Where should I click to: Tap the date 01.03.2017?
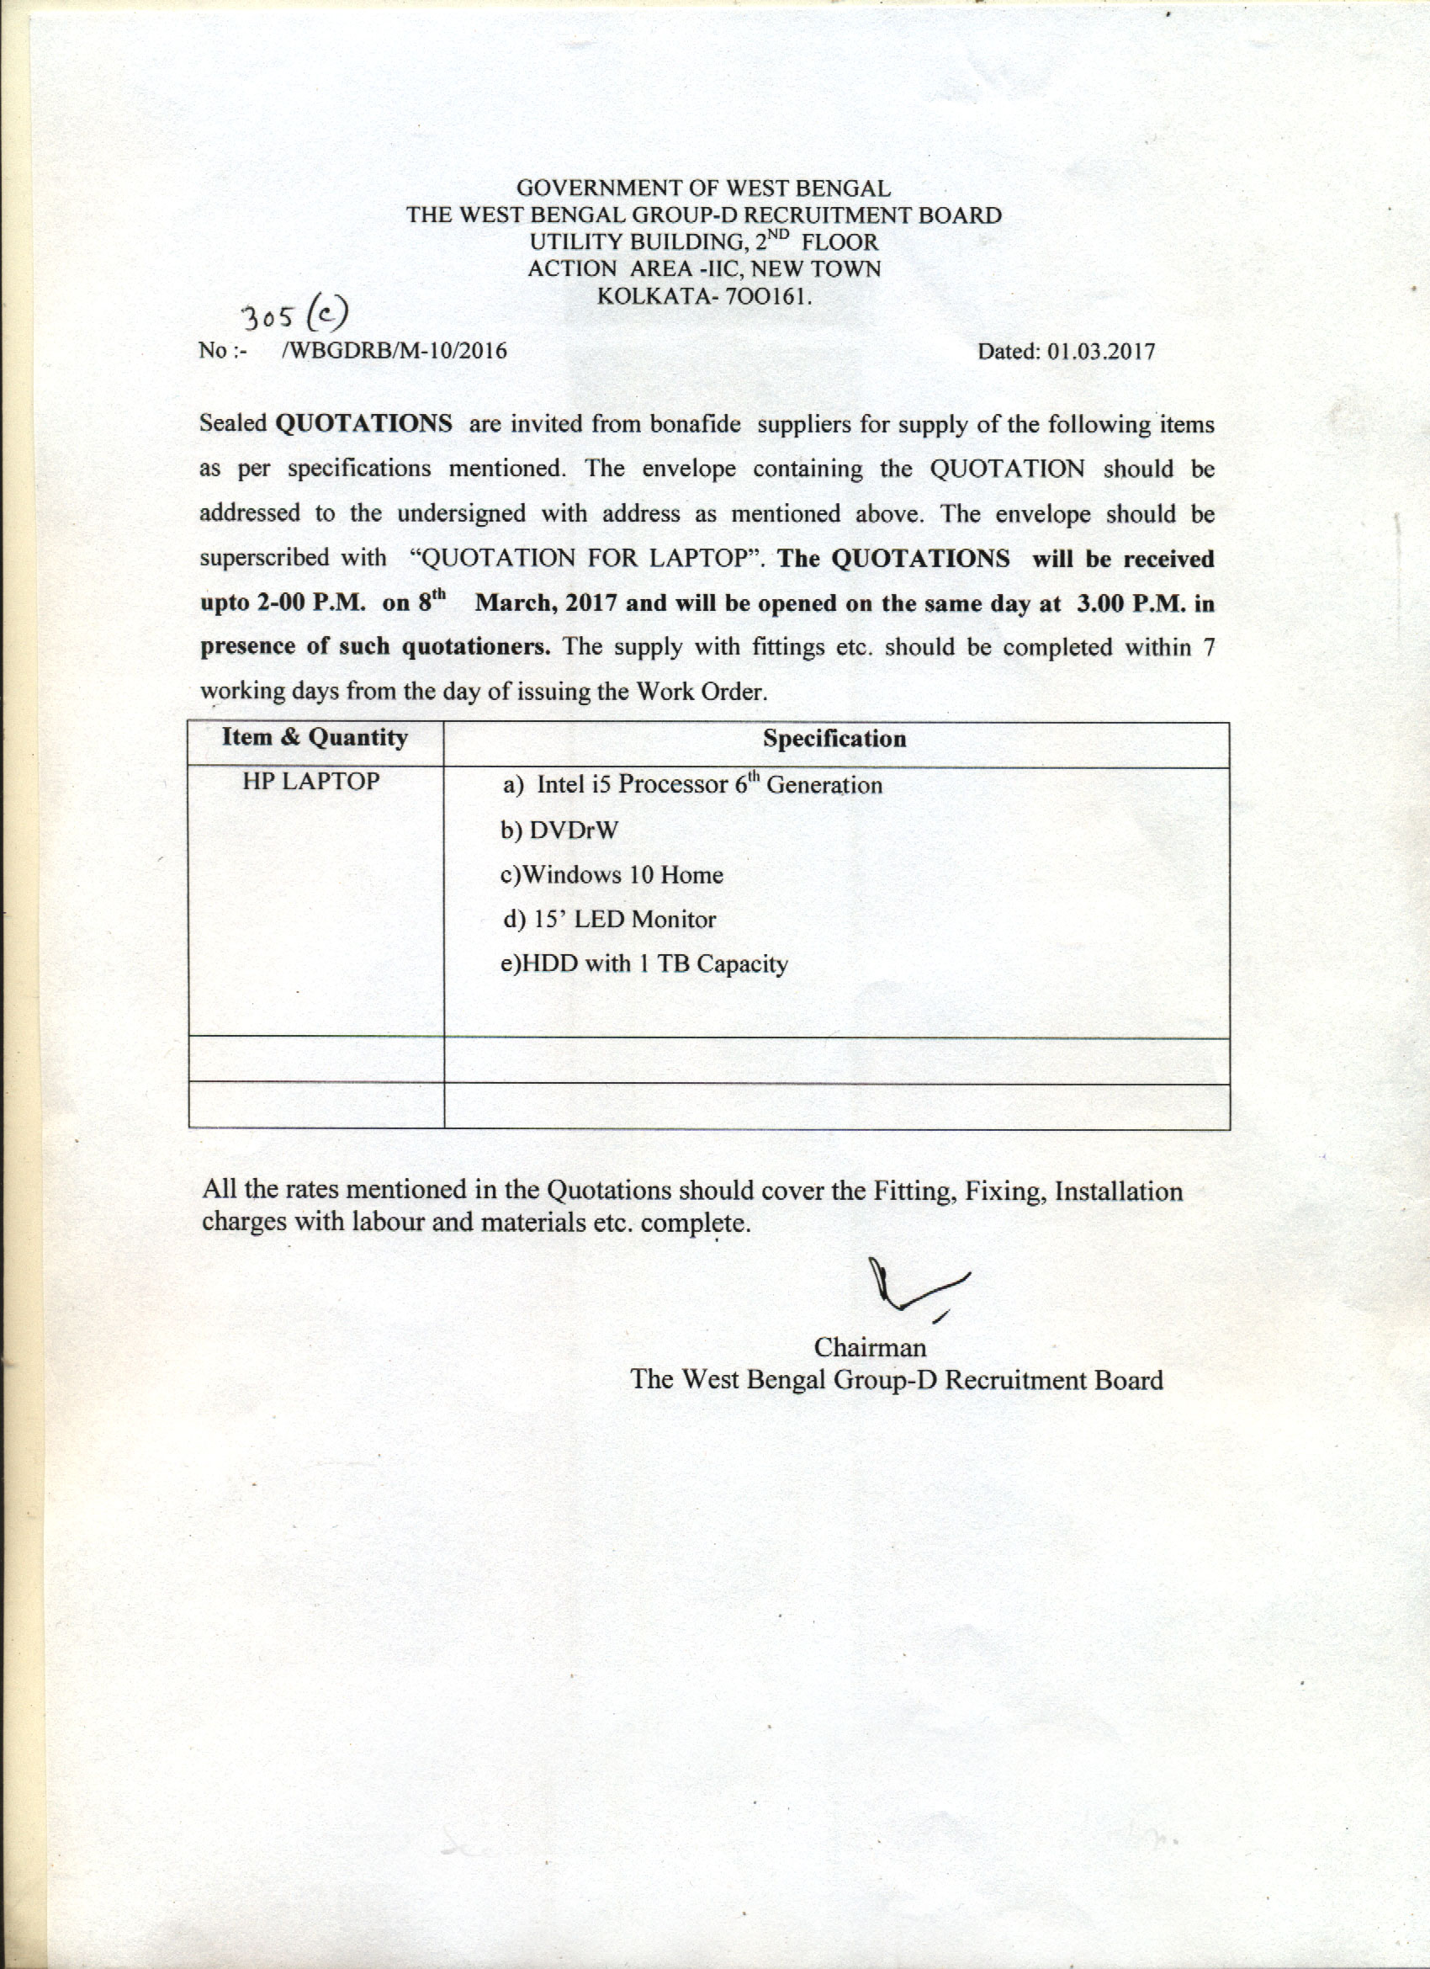click(1101, 352)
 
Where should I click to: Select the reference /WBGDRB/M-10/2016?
click(395, 351)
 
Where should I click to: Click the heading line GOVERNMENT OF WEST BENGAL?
click(703, 188)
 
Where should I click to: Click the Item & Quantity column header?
click(315, 737)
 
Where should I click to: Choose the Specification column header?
click(834, 739)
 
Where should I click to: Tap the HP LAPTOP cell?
click(310, 782)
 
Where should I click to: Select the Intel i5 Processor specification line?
click(692, 785)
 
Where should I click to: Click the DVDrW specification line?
click(559, 831)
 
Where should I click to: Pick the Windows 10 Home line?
click(612, 874)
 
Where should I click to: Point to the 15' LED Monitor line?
click(610, 920)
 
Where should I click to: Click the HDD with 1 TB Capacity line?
click(644, 964)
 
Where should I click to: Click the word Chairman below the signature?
click(870, 1347)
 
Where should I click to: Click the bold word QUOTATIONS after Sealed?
click(363, 423)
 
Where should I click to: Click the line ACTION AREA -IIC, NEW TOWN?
click(704, 269)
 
